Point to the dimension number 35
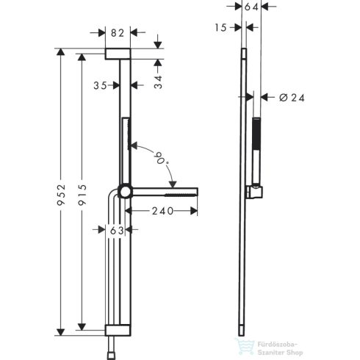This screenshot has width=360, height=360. coord(101,85)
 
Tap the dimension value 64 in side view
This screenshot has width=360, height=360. coord(251,7)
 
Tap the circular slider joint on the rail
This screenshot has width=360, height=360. coord(126,192)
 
